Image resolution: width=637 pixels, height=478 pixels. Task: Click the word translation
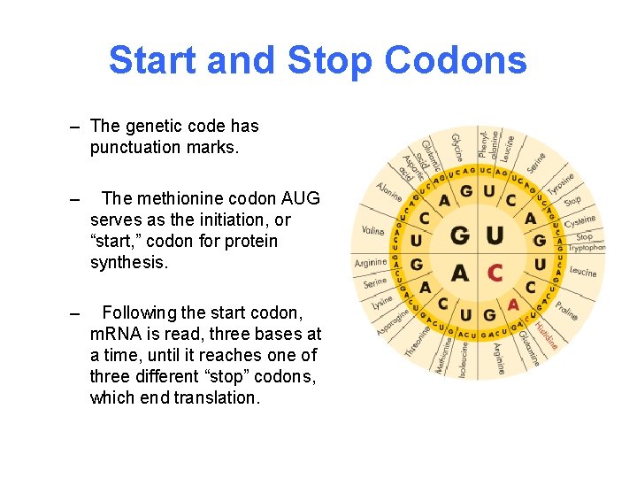pos(217,397)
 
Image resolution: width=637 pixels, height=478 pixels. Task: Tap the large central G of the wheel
pos(460,235)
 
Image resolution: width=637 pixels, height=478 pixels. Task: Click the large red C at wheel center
pos(495,272)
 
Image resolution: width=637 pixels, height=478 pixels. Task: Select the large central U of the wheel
pos(495,235)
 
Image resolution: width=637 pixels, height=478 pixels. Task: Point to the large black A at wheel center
pos(460,272)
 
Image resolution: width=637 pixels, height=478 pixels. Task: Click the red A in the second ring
pos(513,304)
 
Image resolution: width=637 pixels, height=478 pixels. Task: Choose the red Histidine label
pos(543,332)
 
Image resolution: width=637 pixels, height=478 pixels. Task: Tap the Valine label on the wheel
pos(372,231)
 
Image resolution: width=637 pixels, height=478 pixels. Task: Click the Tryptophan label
pos(587,249)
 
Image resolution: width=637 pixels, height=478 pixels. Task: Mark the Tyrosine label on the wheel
pos(561,185)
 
